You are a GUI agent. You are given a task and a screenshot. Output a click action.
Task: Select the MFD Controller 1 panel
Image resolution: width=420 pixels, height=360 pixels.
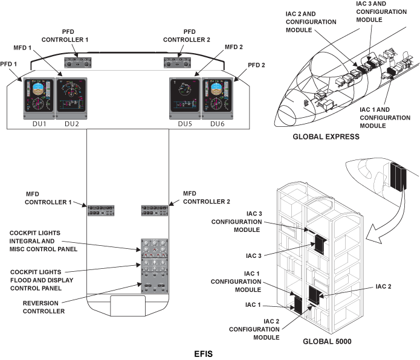click(x=104, y=211)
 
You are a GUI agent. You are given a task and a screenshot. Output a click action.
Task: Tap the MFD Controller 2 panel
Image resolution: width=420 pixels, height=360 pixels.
click(x=155, y=211)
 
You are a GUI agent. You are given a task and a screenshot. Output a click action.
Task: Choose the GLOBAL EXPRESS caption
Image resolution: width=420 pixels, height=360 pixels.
click(x=326, y=137)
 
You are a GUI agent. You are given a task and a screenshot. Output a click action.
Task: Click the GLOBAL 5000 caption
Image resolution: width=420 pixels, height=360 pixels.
click(x=328, y=341)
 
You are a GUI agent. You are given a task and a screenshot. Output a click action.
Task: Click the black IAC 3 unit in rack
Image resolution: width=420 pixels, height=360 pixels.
click(x=318, y=244)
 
